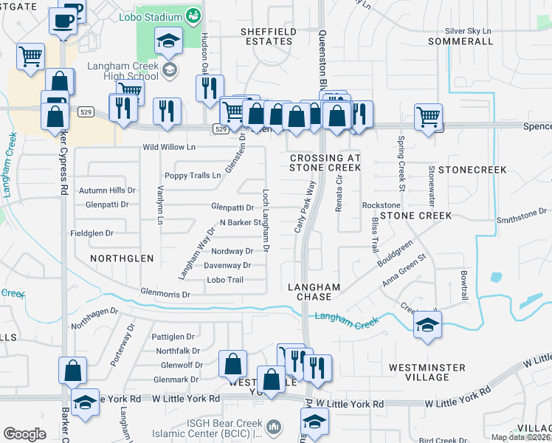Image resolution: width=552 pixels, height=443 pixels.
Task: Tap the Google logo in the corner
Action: [24, 433]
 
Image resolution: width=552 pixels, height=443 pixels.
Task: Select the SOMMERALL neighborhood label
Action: [460, 41]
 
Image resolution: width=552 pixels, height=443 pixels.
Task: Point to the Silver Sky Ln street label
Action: [467, 31]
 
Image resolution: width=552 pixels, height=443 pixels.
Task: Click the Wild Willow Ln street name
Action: [169, 148]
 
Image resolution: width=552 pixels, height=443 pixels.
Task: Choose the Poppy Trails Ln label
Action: [192, 176]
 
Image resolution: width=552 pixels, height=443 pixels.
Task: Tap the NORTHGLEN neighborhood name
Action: [122, 258]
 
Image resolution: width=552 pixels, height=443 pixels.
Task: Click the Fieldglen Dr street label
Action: [92, 233]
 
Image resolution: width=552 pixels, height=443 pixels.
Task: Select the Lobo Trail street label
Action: [225, 280]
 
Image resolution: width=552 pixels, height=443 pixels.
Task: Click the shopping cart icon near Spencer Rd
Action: [428, 116]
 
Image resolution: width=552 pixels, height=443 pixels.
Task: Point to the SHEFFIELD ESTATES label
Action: [268, 36]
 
